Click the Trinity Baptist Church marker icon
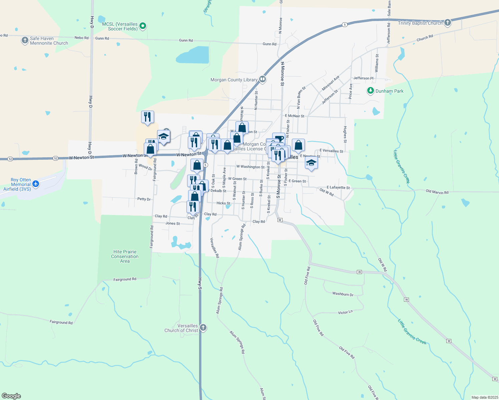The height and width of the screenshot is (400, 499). pos(448,23)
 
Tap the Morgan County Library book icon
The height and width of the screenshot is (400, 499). pos(263,79)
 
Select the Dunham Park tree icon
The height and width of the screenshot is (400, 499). pos(370,91)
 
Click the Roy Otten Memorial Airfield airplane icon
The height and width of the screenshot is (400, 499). pos(36,184)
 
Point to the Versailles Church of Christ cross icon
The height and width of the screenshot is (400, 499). pos(203,328)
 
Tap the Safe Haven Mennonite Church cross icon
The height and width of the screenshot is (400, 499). pos(25,41)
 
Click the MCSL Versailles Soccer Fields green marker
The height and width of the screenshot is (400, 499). pos(143,26)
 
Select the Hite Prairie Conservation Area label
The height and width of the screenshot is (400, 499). pos(125,256)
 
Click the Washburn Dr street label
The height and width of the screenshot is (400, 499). pos(343,294)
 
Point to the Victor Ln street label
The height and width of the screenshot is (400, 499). pos(345,312)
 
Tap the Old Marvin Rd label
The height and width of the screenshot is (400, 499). pos(437,192)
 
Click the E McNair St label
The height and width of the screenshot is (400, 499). pos(295,116)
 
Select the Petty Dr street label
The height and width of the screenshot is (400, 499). pos(144,199)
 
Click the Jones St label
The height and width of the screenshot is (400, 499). pos(172,223)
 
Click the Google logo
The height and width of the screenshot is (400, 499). pos(11,396)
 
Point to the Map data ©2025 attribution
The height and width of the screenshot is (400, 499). pos(484,397)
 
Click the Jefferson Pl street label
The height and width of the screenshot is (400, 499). pos(363,78)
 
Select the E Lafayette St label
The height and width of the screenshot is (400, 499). pos(338,187)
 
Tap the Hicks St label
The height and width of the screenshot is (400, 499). pos(223,203)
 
